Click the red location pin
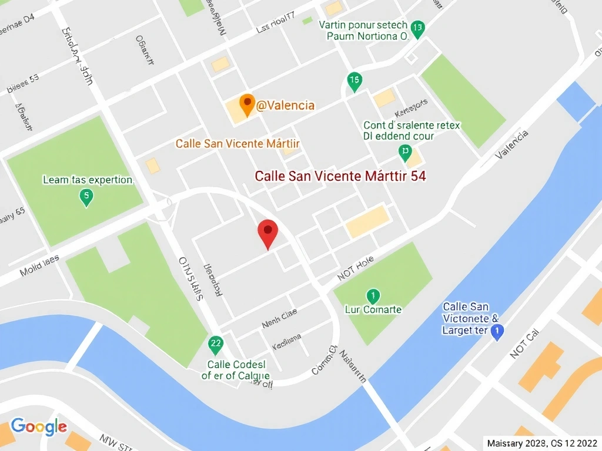coord(268,233)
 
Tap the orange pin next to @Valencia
coord(247,104)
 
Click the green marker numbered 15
coord(354,82)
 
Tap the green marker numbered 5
coord(86,197)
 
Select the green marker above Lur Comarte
coord(372,295)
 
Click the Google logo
coord(39,426)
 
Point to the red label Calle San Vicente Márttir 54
coord(340,176)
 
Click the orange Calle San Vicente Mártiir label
coord(238,144)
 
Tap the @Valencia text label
coord(286,106)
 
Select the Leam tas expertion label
coord(88,180)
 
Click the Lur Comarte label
coord(373,309)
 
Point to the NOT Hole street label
coord(356,268)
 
